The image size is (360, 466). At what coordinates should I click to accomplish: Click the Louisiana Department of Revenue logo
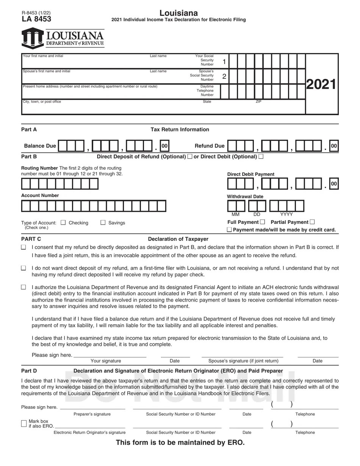coord(63,39)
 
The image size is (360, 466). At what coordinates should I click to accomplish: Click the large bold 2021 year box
coord(321,84)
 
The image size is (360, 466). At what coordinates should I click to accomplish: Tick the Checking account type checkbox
coord(63,223)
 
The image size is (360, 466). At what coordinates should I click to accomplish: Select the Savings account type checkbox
coord(103,223)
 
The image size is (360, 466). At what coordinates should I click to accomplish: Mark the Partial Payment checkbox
coord(312,222)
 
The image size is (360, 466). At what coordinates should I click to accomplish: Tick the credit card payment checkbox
coord(229,230)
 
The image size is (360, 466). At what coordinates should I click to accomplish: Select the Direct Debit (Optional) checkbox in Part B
coord(261,156)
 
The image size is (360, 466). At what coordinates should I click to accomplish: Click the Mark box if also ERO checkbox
coord(24,423)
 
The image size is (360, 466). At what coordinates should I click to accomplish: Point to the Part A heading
coord(29,130)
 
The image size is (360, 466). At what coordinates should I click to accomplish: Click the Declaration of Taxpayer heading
coord(178,239)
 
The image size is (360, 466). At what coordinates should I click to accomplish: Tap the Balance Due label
coord(40,146)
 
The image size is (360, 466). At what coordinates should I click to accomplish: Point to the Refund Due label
coord(209,146)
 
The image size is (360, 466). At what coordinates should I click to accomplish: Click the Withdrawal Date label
coord(245,197)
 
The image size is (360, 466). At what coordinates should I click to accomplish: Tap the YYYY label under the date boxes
coord(286,214)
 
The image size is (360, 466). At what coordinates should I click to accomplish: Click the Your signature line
coord(110,356)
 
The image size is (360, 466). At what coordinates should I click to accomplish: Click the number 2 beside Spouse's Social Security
coord(224,77)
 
